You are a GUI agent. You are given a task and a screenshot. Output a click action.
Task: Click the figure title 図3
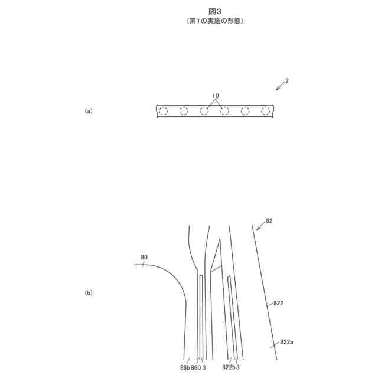click(214, 11)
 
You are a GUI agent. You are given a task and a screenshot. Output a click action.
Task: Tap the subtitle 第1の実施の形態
click(214, 21)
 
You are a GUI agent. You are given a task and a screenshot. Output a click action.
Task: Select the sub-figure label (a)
click(89, 110)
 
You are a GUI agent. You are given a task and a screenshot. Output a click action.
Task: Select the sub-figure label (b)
click(89, 292)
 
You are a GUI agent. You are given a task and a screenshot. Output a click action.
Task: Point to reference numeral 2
click(286, 80)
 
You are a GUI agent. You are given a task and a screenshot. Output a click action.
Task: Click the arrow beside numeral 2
click(279, 86)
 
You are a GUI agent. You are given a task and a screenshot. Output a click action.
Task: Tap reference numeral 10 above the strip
click(215, 96)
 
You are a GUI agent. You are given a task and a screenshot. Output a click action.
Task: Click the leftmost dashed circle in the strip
click(164, 110)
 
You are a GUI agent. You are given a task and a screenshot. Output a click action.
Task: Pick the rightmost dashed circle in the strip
click(266, 110)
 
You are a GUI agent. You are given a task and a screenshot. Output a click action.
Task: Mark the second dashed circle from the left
click(184, 110)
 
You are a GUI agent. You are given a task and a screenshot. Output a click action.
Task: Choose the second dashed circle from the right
click(245, 110)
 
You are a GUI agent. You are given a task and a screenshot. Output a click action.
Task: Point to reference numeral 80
click(144, 257)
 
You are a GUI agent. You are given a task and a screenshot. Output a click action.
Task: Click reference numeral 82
click(269, 220)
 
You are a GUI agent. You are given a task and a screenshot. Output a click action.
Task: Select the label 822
click(278, 304)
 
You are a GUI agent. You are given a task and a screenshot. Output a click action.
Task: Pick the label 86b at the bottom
click(184, 367)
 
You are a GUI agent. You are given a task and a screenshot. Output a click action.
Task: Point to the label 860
click(196, 367)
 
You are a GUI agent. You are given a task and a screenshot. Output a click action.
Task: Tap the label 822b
click(229, 367)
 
